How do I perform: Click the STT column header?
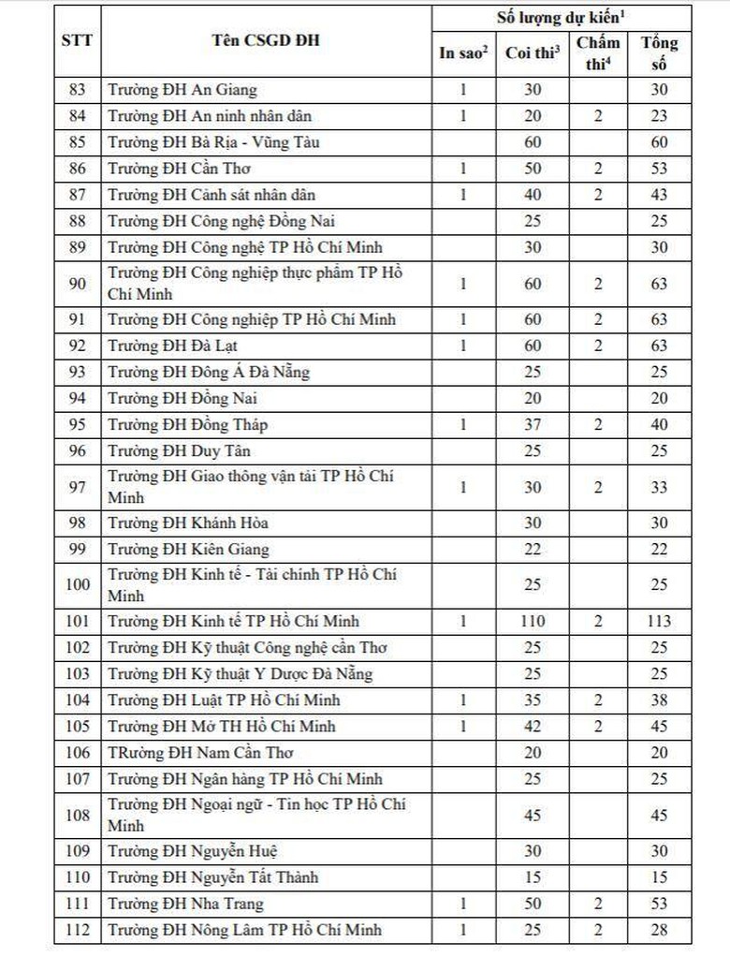(x=76, y=41)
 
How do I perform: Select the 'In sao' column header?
(x=464, y=53)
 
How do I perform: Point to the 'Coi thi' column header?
(x=533, y=53)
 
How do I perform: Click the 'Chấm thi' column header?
(x=598, y=52)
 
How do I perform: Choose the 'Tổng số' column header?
(x=659, y=52)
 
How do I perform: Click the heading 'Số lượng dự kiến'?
(x=561, y=18)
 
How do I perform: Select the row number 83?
(x=77, y=91)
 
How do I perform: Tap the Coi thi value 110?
(x=533, y=622)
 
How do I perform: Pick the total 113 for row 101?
(x=659, y=622)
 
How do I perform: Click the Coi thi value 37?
(x=533, y=425)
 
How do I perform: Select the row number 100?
(x=77, y=584)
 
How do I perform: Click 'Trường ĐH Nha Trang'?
(x=185, y=904)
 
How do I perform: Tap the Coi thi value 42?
(x=533, y=727)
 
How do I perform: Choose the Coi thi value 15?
(x=533, y=877)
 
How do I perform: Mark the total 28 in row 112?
(x=659, y=930)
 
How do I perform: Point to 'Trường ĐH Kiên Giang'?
(x=188, y=549)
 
